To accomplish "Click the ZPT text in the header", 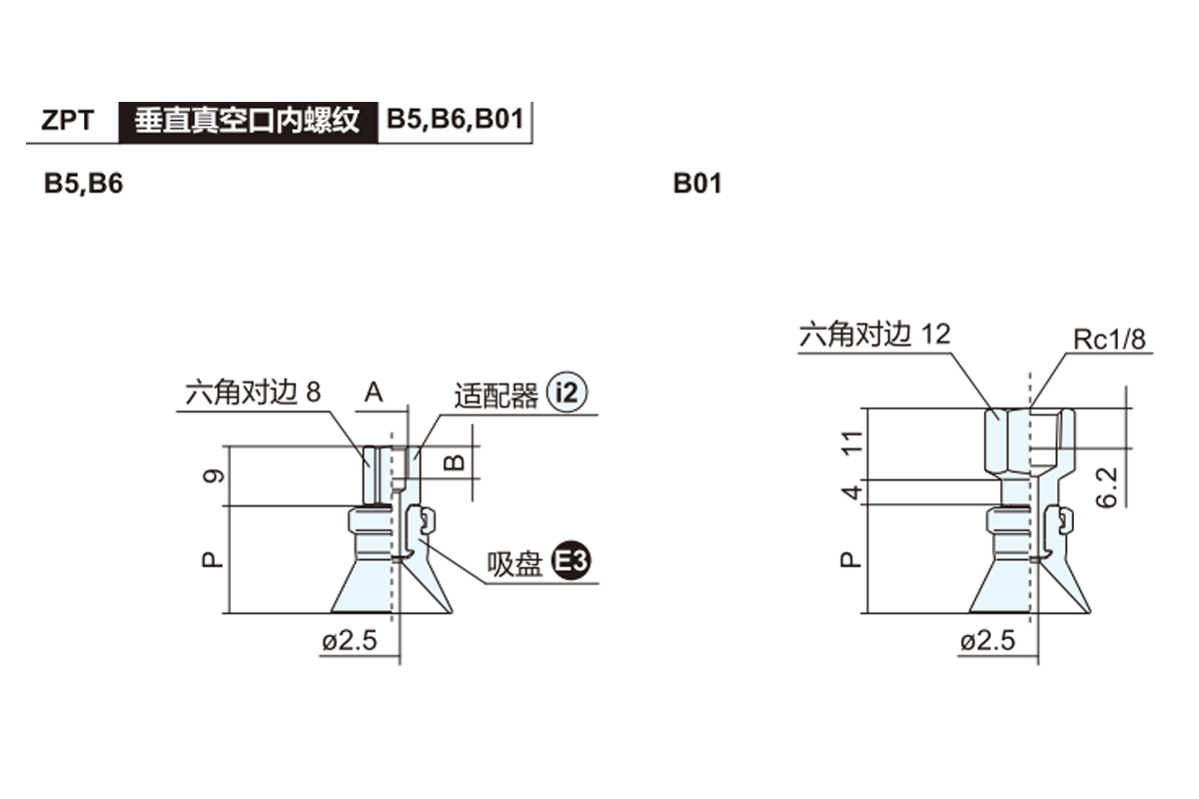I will pyautogui.click(x=68, y=121).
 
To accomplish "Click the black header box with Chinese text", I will pyautogui.click(x=247, y=120).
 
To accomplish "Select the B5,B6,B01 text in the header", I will pyautogui.click(x=455, y=120).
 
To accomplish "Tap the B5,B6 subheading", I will pyautogui.click(x=83, y=185).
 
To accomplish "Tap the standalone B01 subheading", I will pyautogui.click(x=696, y=185).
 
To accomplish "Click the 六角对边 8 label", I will pyautogui.click(x=253, y=394).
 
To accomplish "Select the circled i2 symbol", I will pyautogui.click(x=567, y=395).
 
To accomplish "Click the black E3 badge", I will pyautogui.click(x=573, y=564).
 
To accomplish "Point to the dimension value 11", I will pyautogui.click(x=852, y=442).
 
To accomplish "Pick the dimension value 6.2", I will pyautogui.click(x=1107, y=486).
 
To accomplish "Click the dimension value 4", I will pyautogui.click(x=852, y=492).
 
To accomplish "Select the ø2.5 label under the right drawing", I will pyautogui.click(x=986, y=640).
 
